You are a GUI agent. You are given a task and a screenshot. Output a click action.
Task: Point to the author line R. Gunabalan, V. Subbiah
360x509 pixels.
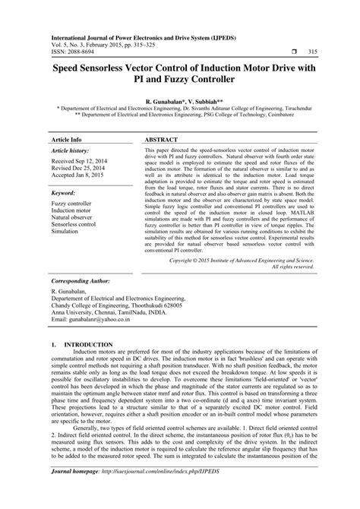click(180, 100)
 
